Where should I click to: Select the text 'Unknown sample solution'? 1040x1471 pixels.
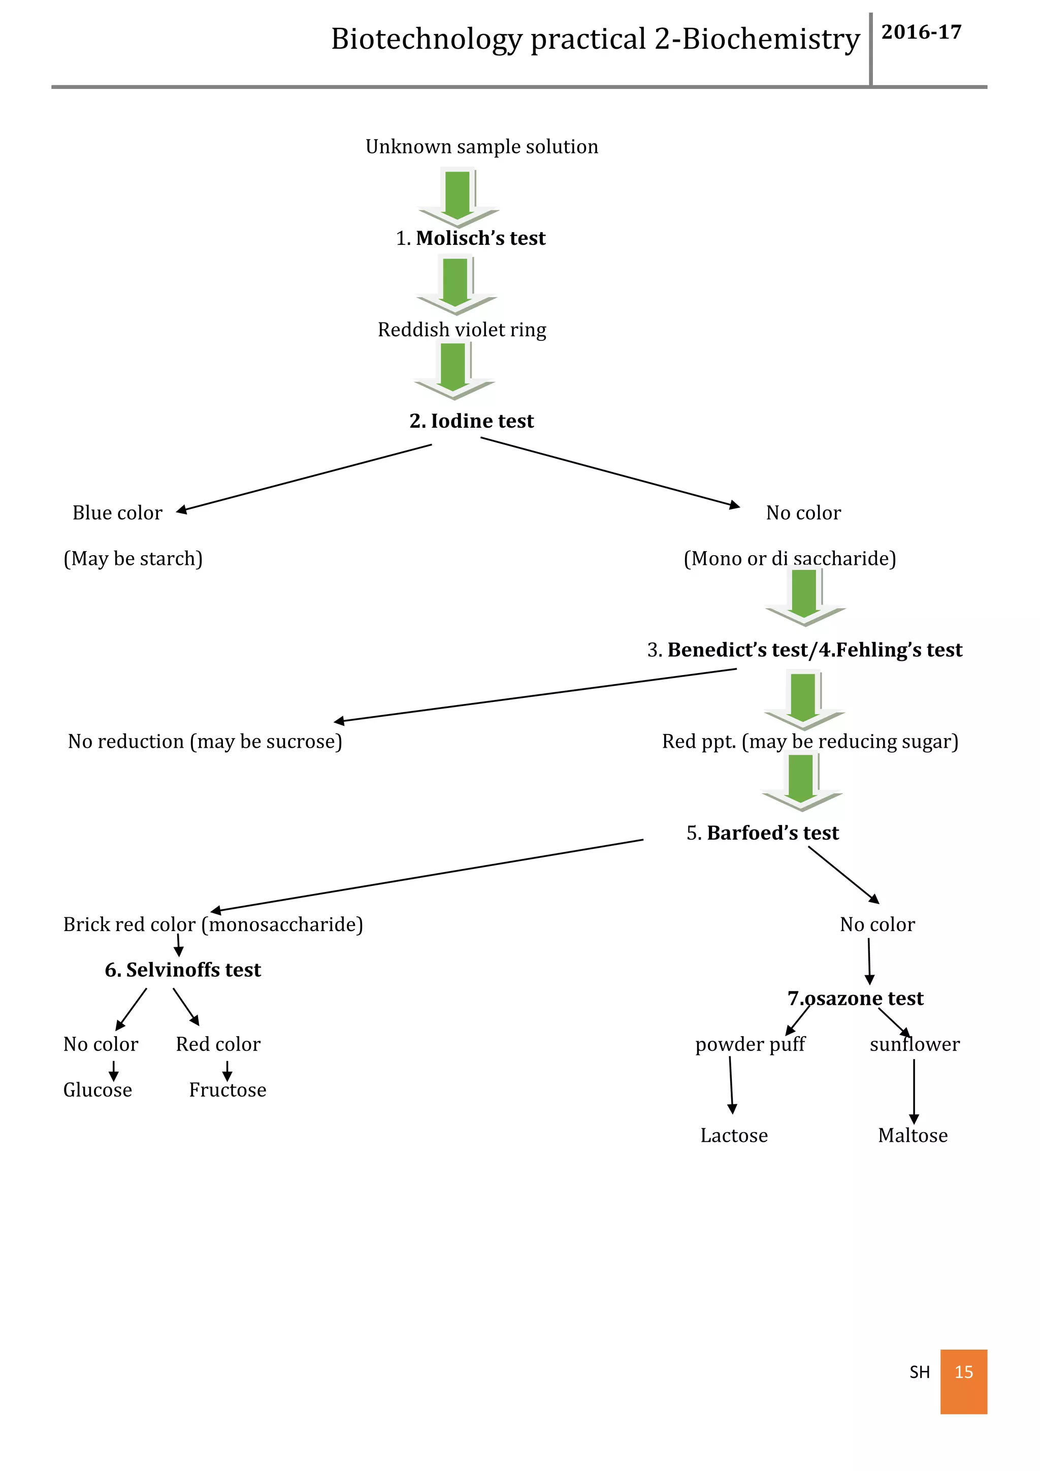coord(481,147)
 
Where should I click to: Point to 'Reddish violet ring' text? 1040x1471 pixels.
coord(462,330)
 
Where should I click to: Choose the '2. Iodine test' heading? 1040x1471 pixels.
coord(471,421)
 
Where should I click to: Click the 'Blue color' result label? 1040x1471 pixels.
coord(117,513)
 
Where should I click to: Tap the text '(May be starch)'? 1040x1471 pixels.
coord(133,559)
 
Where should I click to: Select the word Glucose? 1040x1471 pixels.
coord(97,1090)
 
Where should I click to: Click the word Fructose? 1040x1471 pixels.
coord(227,1090)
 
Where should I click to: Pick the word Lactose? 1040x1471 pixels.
coord(734,1135)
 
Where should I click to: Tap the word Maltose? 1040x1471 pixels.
coord(913,1135)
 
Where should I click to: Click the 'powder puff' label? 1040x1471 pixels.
coord(750,1044)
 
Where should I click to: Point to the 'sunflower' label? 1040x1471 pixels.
coord(915,1044)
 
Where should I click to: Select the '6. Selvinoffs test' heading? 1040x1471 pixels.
coord(183,970)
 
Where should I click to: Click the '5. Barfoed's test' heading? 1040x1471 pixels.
coord(762,833)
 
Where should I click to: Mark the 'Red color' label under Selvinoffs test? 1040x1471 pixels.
coord(218,1044)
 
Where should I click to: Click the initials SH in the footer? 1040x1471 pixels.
coord(919,1371)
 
